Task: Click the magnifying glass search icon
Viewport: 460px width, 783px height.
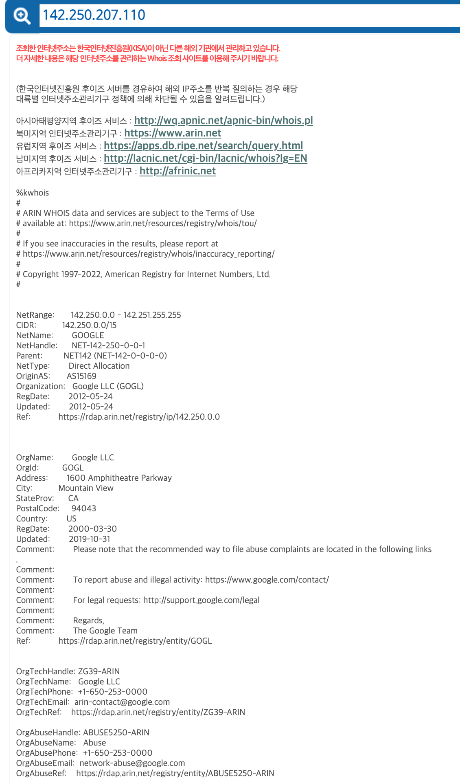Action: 22,16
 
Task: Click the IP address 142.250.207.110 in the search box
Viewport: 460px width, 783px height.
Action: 94,15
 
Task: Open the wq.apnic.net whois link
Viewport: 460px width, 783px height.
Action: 223,121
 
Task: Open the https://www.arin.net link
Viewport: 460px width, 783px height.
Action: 173,133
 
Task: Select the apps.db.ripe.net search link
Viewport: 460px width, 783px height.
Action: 203,146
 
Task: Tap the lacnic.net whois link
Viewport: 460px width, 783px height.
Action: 205,158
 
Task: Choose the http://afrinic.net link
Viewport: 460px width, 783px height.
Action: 177,171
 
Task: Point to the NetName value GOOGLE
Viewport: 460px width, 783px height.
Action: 88,335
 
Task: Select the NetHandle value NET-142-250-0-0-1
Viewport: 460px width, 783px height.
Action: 108,345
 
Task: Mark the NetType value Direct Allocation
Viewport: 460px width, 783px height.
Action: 99,366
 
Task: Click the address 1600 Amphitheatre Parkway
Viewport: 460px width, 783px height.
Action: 119,478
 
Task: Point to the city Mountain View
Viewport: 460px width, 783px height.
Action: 86,488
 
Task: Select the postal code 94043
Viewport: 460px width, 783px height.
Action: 84,508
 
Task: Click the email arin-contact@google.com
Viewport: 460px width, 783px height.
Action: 122,702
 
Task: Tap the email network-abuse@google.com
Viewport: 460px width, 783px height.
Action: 132,763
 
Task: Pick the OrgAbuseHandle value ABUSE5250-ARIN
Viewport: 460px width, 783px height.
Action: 116,732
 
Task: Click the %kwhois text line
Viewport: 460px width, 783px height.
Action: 33,193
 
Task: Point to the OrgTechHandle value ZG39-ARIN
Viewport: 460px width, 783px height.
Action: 99,671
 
